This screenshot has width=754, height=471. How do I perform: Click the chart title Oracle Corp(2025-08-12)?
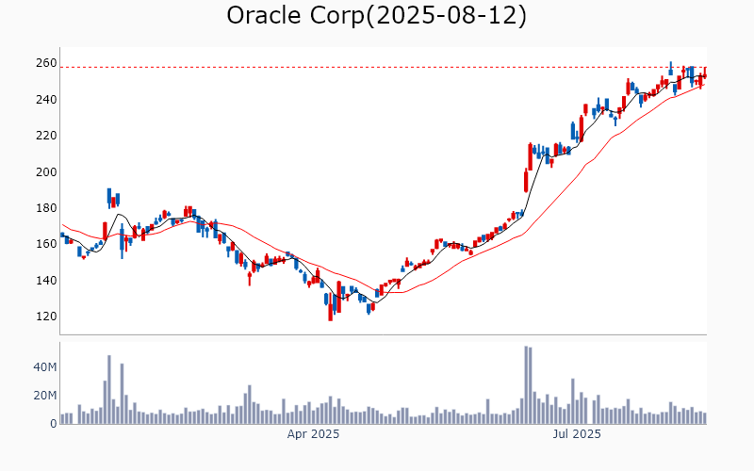[377, 16]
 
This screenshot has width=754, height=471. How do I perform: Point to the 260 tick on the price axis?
[45, 63]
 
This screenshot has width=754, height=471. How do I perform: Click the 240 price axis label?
[45, 100]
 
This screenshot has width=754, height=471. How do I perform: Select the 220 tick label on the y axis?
[45, 136]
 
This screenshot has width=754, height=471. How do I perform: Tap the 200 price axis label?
[45, 172]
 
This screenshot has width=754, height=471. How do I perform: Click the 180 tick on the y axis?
[45, 208]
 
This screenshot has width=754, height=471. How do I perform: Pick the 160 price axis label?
[45, 244]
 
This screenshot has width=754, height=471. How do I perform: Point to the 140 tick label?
[45, 281]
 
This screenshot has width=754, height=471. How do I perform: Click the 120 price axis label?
[45, 317]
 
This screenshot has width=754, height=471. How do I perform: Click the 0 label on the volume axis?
[53, 424]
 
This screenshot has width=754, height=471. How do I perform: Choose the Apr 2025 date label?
[313, 434]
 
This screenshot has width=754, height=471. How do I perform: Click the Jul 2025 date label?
[576, 434]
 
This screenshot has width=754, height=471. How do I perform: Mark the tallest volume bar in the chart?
[526, 384]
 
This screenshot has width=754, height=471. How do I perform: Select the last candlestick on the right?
[704, 74]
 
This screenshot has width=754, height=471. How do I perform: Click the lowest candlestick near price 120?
[331, 306]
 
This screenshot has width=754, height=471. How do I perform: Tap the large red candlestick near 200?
[526, 179]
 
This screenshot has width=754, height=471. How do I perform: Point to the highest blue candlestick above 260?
[670, 69]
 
